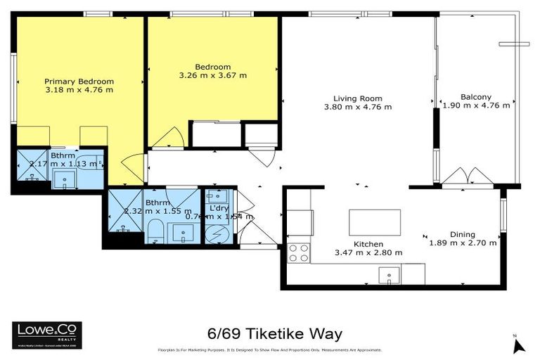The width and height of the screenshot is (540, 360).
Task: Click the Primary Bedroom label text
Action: coord(79,81)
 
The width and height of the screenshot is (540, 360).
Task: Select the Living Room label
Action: coord(357,98)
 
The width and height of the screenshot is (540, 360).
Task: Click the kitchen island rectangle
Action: coord(375,222)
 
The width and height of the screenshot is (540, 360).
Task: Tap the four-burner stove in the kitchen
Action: coord(298,252)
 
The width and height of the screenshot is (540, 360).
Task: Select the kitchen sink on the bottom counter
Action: coord(388,274)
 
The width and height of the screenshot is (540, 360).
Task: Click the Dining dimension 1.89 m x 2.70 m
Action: coord(463,243)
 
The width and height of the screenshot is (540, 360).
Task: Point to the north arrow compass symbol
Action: coord(519,344)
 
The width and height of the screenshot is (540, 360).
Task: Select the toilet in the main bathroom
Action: coord(155,230)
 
